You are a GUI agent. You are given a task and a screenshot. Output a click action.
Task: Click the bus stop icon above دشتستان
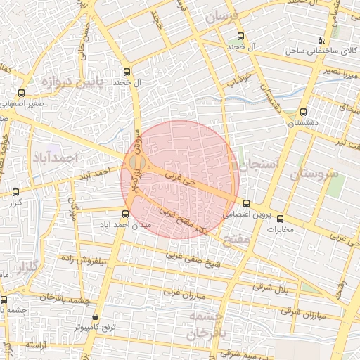pyautogui.click(x=303, y=112)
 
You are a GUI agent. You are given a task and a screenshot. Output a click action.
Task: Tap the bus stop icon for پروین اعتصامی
pyautogui.click(x=246, y=203)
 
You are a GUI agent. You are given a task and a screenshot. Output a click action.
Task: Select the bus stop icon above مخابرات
pyautogui.click(x=281, y=218)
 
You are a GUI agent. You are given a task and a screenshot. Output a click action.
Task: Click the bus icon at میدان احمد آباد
pyautogui.click(x=126, y=214)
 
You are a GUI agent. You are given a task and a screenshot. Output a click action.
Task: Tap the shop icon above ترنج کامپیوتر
pyautogui.click(x=95, y=317)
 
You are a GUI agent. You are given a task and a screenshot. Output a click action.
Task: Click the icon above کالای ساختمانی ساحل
pyautogui.click(x=322, y=40)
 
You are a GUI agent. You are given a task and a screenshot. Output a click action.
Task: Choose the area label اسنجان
pyautogui.click(x=259, y=164)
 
